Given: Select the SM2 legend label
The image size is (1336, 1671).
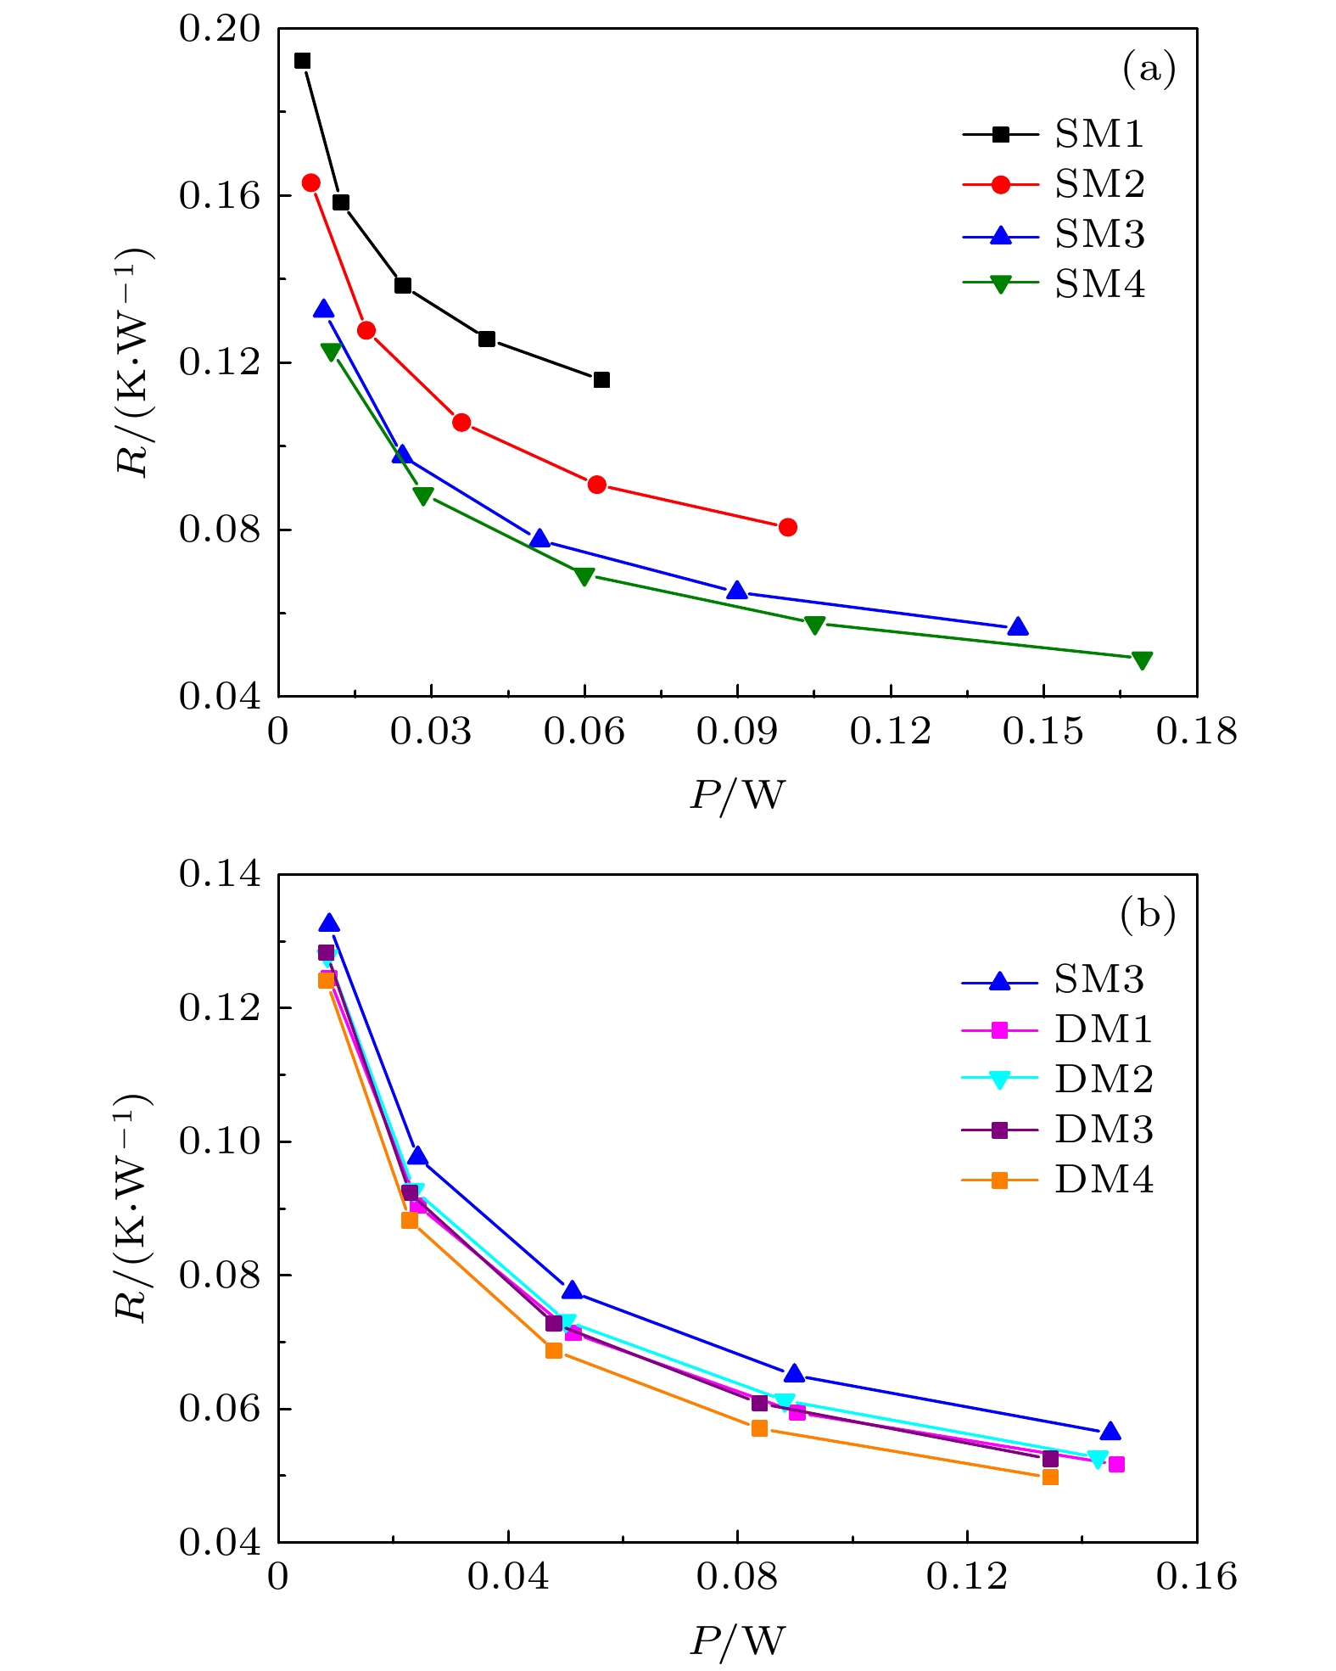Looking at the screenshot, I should pos(1098,184).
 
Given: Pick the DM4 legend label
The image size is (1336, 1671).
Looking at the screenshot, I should pos(1103,1180).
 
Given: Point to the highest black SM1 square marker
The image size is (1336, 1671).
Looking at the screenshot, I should pos(302,61).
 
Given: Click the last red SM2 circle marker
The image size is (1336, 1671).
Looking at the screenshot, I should pos(787,527).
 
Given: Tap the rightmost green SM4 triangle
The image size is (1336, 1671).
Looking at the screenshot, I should pos(1142,660).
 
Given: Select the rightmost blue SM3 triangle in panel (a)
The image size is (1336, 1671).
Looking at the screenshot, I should pos(1018,627).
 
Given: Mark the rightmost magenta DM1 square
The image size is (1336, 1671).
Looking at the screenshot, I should pos(1116,1465).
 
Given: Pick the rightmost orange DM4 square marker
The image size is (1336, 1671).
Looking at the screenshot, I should pos(1050,1478).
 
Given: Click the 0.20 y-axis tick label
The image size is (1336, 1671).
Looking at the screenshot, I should pos(218,29).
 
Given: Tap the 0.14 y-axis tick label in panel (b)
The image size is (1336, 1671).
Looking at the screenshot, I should pos(218,874).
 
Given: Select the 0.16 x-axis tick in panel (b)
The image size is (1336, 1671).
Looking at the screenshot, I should pos(1196,1577).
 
